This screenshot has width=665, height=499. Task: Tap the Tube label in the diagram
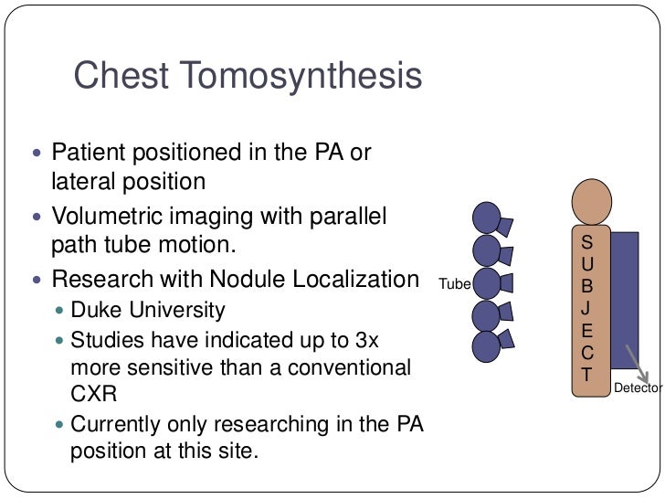pyautogui.click(x=454, y=284)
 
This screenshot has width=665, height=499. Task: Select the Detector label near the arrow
pyautogui.click(x=638, y=388)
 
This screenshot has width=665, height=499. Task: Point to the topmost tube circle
pyautogui.click(x=487, y=218)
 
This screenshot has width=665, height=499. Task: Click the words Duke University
pyautogui.click(x=147, y=310)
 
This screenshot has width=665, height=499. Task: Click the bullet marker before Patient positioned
pyautogui.click(x=36, y=152)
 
